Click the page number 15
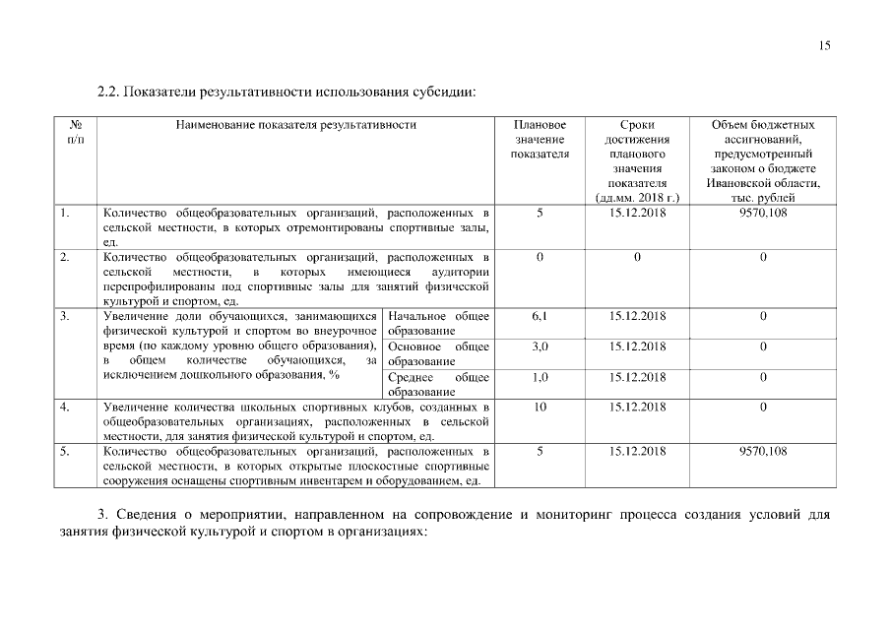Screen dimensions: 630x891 824,45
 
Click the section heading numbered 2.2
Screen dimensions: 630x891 286,94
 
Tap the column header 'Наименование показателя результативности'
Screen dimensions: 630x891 295,125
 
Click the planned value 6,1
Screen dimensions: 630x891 540,316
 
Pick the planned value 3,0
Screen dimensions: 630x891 540,346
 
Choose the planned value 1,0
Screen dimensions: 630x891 540,377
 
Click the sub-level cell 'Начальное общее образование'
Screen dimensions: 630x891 439,324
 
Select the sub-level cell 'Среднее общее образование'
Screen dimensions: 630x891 439,384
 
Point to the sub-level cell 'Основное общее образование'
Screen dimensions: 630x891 439,353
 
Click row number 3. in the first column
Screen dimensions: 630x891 64,316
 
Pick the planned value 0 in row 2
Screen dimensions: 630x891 540,257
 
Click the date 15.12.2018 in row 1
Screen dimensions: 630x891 638,212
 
